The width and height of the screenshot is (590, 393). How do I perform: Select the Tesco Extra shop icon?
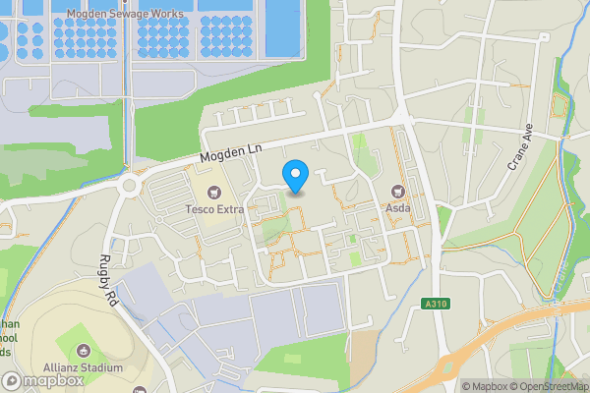214,192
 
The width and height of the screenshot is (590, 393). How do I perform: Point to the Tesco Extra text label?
214,209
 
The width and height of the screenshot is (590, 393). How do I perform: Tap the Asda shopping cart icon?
398,192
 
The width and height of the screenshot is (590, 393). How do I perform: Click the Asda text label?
398,209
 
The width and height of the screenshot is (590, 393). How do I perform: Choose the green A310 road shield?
439,304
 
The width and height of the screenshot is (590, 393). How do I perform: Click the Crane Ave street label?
519,148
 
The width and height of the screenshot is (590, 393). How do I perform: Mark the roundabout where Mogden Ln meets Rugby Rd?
128,184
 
